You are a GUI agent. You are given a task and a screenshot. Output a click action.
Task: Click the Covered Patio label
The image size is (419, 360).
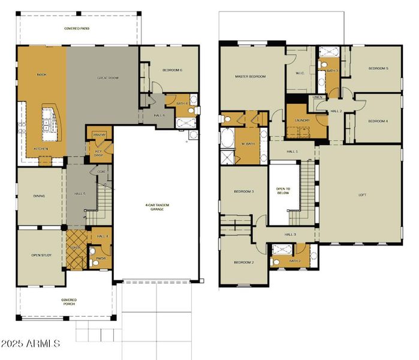coord(77,28)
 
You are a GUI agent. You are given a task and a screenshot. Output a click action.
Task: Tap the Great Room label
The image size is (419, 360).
coord(108,77)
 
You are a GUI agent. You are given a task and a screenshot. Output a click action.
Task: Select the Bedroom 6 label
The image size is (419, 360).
coord(172,70)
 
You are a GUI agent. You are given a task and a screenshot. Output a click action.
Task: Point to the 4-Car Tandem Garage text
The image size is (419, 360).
coord(157,207)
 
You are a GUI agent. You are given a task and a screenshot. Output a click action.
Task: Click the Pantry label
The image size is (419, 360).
coord(99,135)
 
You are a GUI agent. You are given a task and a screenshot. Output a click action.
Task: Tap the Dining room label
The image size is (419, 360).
coord(39,196)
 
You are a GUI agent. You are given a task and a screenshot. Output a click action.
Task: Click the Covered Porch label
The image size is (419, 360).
coord(69,301)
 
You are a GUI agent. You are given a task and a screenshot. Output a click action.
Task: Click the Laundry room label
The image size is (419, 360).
coord(302,120)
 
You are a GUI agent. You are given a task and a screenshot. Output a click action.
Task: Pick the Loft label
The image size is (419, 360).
coord(362,194)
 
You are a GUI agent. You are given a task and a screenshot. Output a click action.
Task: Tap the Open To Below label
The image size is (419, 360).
coord(283,191)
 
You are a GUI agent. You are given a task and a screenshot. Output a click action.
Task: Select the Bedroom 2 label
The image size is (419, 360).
coord(244,262)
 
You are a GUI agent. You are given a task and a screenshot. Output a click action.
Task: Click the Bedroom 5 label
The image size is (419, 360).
coord(378,68)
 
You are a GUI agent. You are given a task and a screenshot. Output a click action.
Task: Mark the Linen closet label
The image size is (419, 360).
coord(318,97)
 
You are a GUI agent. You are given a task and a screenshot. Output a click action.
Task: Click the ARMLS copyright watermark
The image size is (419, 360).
coord(31,344)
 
